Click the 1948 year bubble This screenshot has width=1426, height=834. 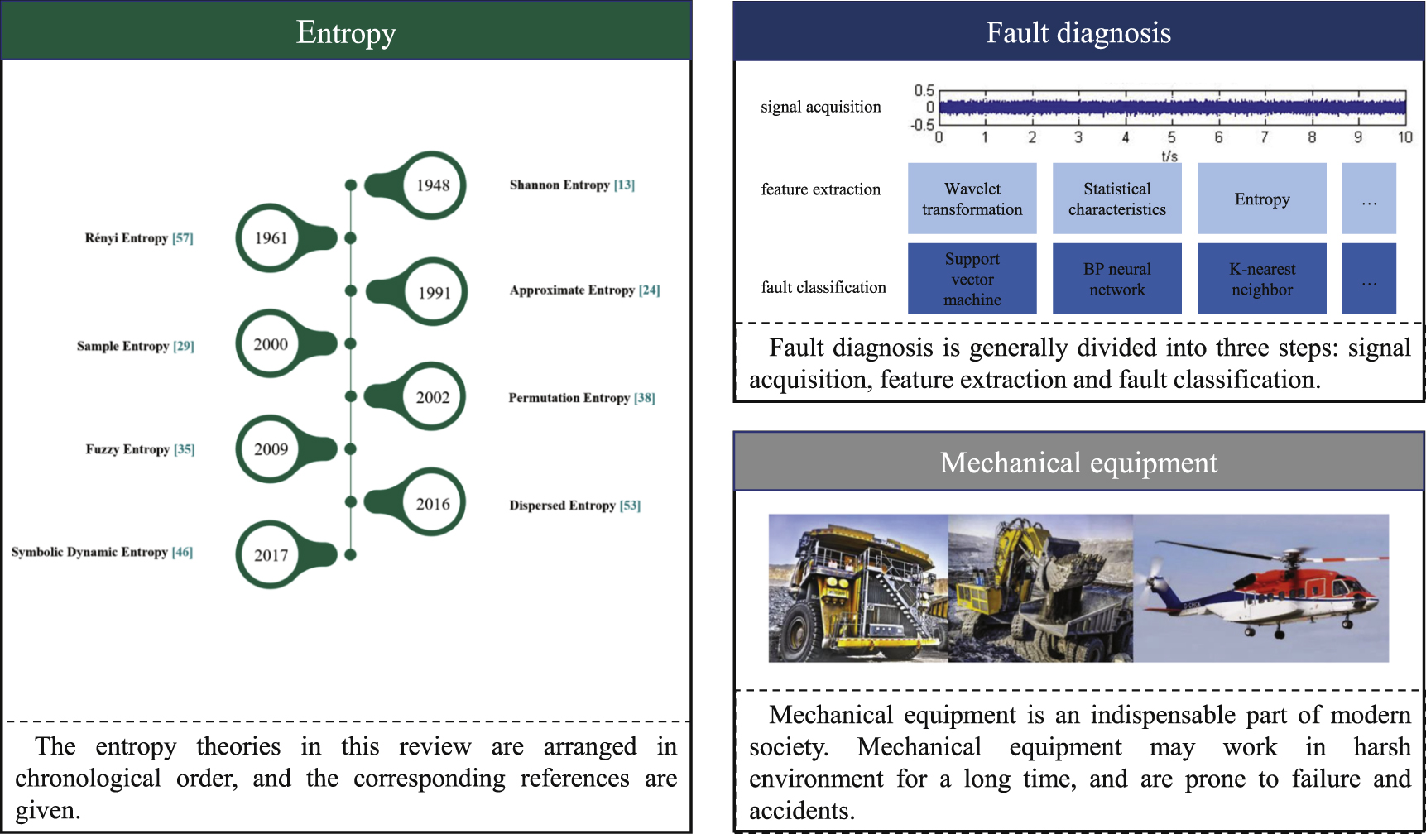(432, 185)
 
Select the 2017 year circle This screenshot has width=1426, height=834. (271, 555)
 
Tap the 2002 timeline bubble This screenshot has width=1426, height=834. (432, 397)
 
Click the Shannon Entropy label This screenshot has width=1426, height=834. (559, 185)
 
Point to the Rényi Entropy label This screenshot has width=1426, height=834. (127, 238)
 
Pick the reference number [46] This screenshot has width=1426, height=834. (182, 552)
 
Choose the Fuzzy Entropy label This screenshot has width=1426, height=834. (127, 449)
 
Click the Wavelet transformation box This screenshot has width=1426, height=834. (972, 199)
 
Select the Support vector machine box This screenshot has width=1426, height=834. (972, 279)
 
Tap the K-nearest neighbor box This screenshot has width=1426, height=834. (1261, 279)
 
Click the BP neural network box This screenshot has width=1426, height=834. (1116, 279)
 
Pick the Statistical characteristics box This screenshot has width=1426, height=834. (1116, 199)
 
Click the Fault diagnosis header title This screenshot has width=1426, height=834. (1078, 33)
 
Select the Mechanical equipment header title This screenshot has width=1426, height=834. (1078, 463)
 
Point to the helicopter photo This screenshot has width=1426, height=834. (1260, 588)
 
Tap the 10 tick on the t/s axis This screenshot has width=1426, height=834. (1404, 137)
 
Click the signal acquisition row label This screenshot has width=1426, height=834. (820, 107)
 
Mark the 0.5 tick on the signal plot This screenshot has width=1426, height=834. (924, 90)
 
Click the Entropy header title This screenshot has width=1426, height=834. (346, 33)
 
